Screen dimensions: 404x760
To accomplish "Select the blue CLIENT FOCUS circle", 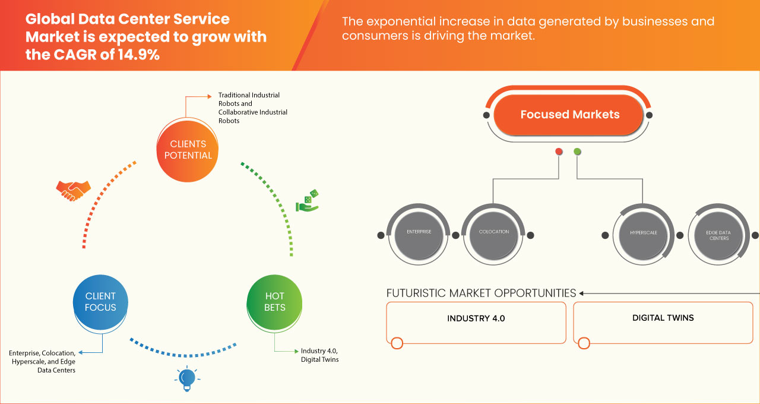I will click(100, 302).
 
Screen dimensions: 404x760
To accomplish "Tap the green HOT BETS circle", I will click(275, 302).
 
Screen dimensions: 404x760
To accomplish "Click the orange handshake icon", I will click(73, 190).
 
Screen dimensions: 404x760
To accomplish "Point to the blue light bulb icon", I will click(187, 378).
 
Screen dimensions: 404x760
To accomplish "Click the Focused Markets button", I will click(569, 115).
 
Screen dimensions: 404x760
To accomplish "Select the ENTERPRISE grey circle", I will click(419, 232).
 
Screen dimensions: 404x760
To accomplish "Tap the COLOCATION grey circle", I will click(494, 232).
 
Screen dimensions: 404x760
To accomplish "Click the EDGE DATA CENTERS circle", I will click(718, 235).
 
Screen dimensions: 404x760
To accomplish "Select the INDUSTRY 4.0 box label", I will click(476, 318).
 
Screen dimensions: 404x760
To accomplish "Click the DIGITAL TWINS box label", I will click(663, 318).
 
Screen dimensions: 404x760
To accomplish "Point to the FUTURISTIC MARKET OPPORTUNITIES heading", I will click(481, 293).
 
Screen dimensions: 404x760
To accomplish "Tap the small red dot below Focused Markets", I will click(559, 152).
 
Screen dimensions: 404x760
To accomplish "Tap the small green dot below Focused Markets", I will click(577, 152).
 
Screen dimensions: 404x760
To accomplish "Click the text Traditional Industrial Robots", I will click(249, 99).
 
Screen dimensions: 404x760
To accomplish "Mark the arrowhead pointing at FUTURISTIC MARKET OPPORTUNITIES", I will click(582, 293).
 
